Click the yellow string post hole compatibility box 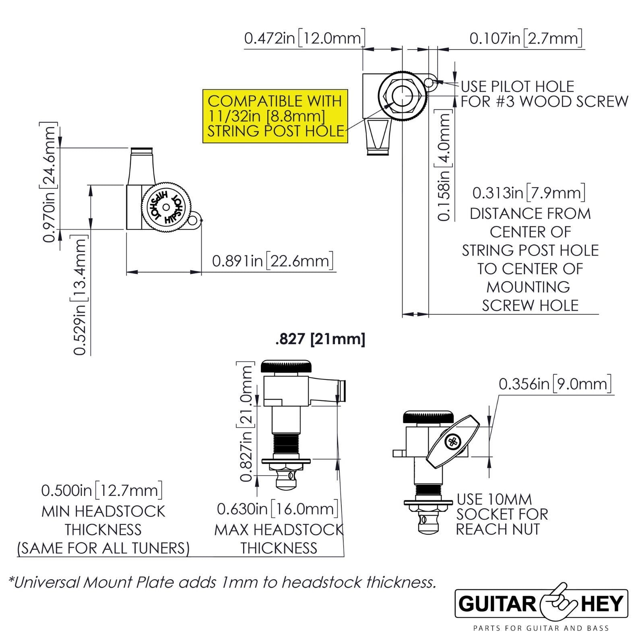point(275,116)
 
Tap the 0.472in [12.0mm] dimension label point(305,39)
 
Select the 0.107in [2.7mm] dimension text point(526,39)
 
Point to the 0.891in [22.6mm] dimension point(273,261)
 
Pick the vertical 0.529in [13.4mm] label point(80,295)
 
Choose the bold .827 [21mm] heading point(320,339)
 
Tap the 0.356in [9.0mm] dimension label point(555,384)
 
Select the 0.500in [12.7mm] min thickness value point(102,491)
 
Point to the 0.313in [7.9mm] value point(529,193)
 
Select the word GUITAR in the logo point(497,604)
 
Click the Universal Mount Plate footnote point(223,582)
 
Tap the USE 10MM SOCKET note point(501,514)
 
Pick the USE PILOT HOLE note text point(544,94)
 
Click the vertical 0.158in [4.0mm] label point(444,166)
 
